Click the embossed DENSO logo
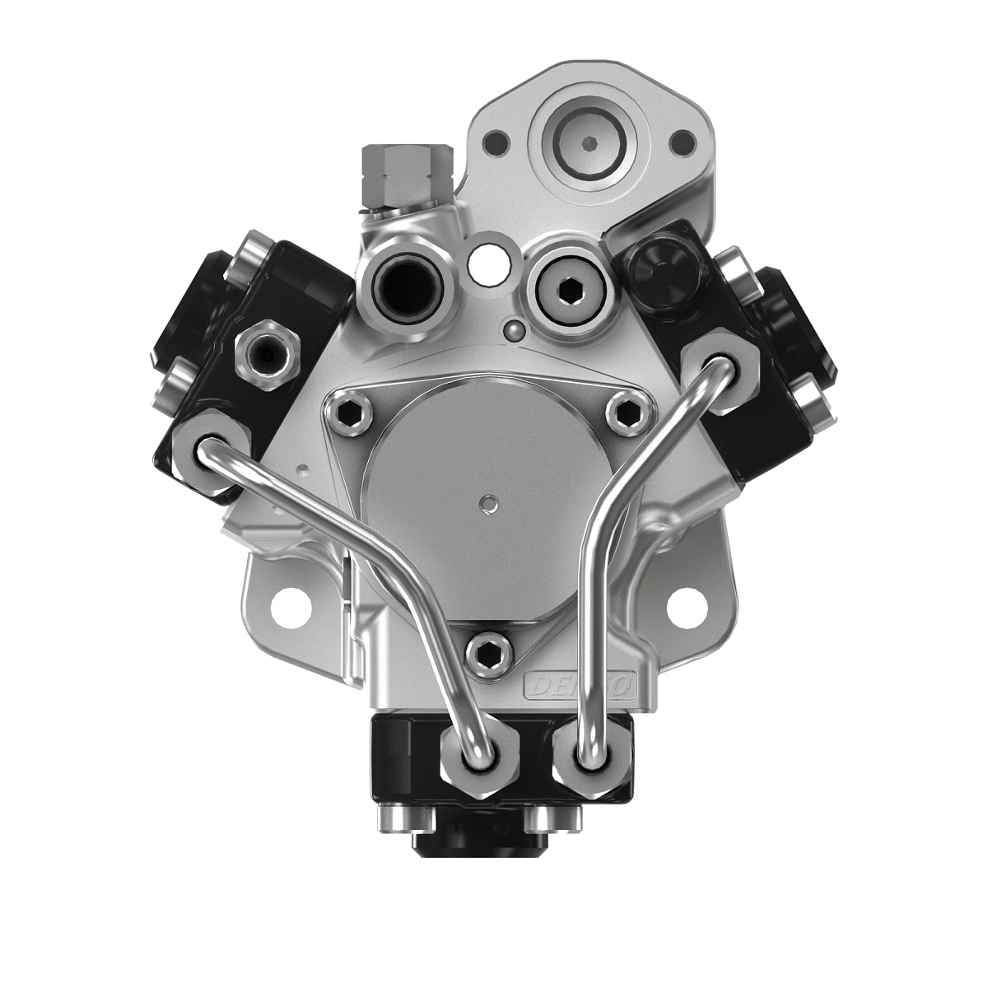[x=582, y=683]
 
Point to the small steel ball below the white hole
[x=514, y=329]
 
